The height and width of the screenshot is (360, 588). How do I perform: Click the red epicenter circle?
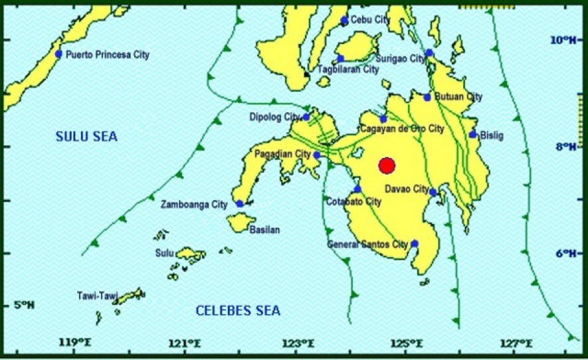[x=386, y=165]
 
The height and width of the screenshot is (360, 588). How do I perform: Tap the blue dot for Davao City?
[x=433, y=192]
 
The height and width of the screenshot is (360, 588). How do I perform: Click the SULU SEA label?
[x=86, y=136]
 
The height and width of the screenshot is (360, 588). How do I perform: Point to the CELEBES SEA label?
[x=238, y=311]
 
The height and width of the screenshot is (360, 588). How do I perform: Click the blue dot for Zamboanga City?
[x=239, y=204]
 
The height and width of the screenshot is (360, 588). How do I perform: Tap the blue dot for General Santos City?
[x=415, y=244]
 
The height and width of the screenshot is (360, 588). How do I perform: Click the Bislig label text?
[x=492, y=135]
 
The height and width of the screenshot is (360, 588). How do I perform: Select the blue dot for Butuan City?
[x=428, y=97]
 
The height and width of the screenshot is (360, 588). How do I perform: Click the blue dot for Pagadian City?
[x=317, y=155]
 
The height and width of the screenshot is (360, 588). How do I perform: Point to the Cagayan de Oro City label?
[x=401, y=129]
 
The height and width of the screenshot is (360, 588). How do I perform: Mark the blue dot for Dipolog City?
[x=306, y=117]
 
